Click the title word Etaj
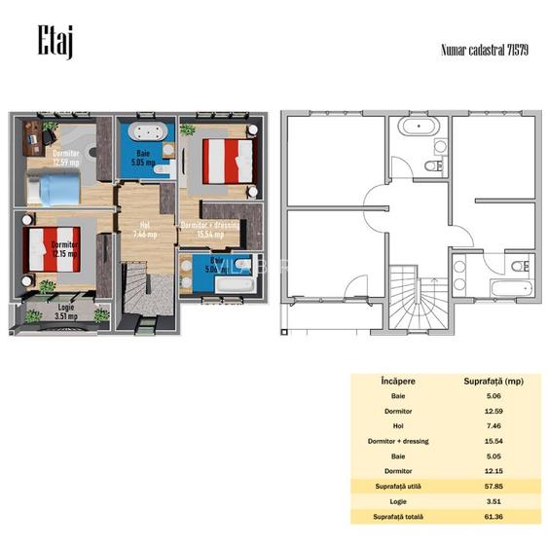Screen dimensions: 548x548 (x=55, y=42)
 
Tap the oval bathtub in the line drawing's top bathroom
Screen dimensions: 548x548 (x=420, y=127)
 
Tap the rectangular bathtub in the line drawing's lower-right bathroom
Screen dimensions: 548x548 (x=507, y=290)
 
